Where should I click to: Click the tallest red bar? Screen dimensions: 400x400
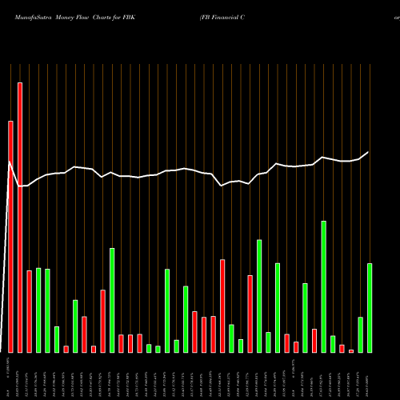pyautogui.click(x=20, y=216)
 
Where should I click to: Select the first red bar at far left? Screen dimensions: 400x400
pyautogui.click(x=11, y=236)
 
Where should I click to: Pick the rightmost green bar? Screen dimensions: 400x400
pyautogui.click(x=370, y=307)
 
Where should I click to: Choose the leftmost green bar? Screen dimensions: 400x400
pyautogui.click(x=38, y=310)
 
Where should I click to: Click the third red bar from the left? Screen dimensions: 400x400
pyautogui.click(x=30, y=311)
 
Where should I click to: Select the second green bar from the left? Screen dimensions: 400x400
pyautogui.click(x=48, y=310)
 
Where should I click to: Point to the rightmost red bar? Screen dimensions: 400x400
pyautogui.click(x=351, y=350)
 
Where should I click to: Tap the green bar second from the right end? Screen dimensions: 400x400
pyautogui.click(x=361, y=334)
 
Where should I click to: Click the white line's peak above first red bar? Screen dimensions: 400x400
pyautogui.click(x=10, y=162)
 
